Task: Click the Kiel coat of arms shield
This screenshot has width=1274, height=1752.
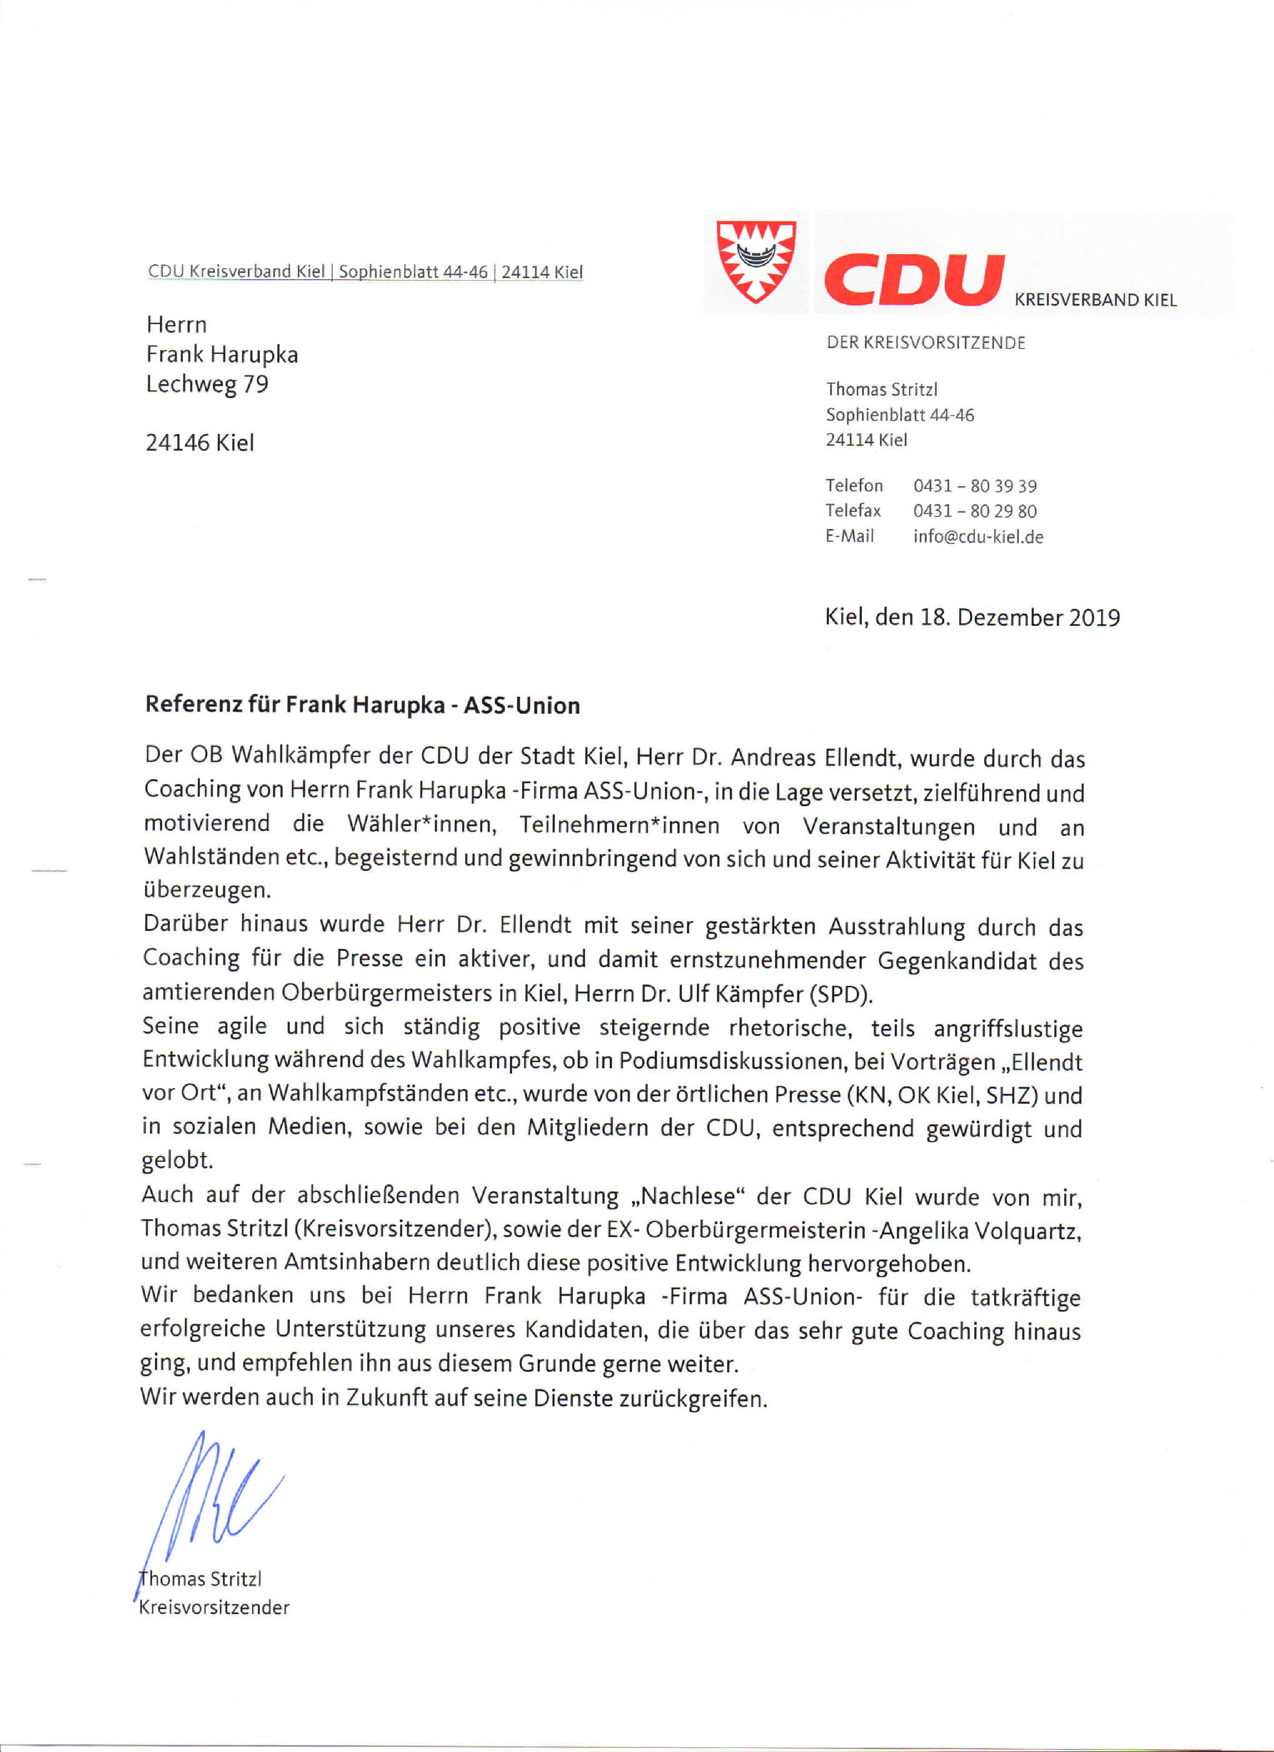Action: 755,262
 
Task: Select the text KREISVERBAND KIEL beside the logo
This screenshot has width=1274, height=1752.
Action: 1095,300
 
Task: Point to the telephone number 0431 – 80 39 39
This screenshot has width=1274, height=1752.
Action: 974,486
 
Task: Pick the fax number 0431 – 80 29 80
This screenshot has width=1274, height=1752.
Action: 974,510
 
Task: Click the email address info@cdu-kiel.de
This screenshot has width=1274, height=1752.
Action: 977,536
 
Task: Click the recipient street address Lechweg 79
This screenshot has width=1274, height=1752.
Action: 207,384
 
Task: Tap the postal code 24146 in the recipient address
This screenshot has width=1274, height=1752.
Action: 178,442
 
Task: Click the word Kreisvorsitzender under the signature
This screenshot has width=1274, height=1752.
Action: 214,1607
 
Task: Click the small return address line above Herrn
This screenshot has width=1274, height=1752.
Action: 365,272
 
